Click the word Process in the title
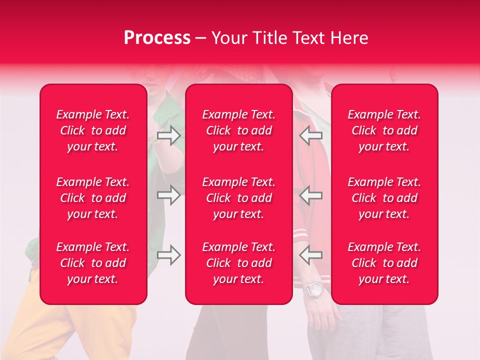pos(157,38)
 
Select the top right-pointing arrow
pos(168,135)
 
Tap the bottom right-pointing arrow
pos(168,255)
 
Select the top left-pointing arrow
pos(311,135)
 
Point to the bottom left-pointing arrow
pos(311,255)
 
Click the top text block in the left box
pos(93,130)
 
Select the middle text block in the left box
pos(93,198)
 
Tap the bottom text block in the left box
pos(93,263)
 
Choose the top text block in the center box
pos(239,130)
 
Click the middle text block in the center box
pos(239,198)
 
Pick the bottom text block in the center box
pos(239,263)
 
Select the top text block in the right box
pos(384,130)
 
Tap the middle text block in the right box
pos(384,198)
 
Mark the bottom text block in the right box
pos(384,263)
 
